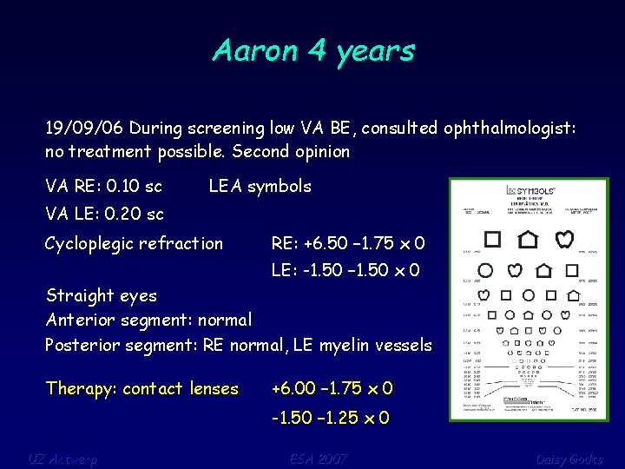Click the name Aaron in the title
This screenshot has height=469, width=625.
pyautogui.click(x=252, y=50)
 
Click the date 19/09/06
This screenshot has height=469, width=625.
pyautogui.click(x=83, y=129)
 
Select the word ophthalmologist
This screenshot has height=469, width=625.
pyautogui.click(x=507, y=129)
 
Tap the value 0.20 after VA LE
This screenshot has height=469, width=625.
pyautogui.click(x=124, y=214)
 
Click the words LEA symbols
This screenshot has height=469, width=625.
pyautogui.click(x=260, y=186)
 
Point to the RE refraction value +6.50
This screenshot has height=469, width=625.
pyautogui.click(x=300, y=243)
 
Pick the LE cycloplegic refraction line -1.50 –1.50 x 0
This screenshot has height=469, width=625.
pyautogui.click(x=345, y=271)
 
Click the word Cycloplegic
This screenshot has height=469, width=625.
pyautogui.click(x=95, y=244)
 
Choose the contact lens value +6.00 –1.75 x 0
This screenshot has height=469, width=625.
pyautogui.click(x=332, y=388)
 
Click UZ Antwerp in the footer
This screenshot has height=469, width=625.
pyautogui.click(x=62, y=459)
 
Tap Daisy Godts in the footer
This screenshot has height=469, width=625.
pyautogui.click(x=569, y=459)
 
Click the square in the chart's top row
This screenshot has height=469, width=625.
pyautogui.click(x=492, y=238)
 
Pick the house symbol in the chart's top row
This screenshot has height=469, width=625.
pyautogui.click(x=527, y=238)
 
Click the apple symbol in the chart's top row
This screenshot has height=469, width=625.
pyautogui.click(x=563, y=238)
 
